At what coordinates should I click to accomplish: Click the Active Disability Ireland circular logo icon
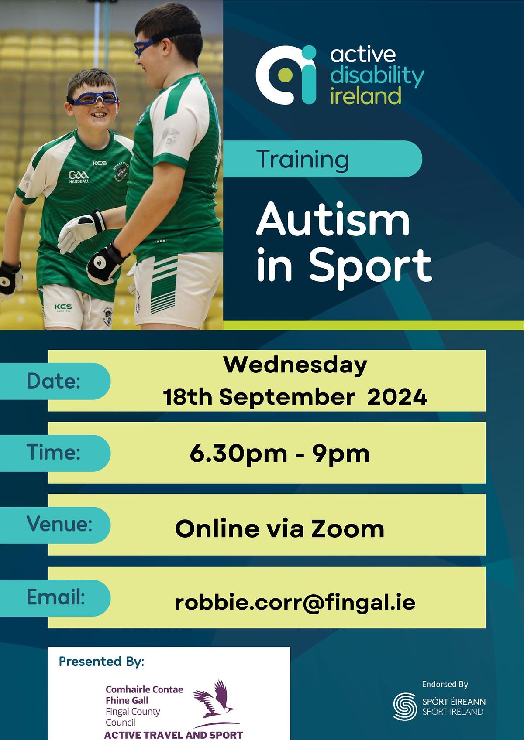[x=286, y=75]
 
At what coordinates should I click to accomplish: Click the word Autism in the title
[x=333, y=219]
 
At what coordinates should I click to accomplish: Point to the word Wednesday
[x=295, y=365]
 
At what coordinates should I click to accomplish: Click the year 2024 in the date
[x=397, y=397]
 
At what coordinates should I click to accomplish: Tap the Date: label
[x=54, y=381]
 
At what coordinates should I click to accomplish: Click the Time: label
[x=54, y=452]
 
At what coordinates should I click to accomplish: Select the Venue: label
[x=59, y=524]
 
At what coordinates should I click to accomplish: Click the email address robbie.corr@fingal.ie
[x=295, y=602]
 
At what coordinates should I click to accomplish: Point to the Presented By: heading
[x=102, y=662]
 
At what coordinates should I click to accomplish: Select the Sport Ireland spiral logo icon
[x=405, y=706]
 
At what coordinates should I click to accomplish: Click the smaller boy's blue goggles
[x=93, y=98]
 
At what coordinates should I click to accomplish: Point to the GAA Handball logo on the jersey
[x=79, y=177]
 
